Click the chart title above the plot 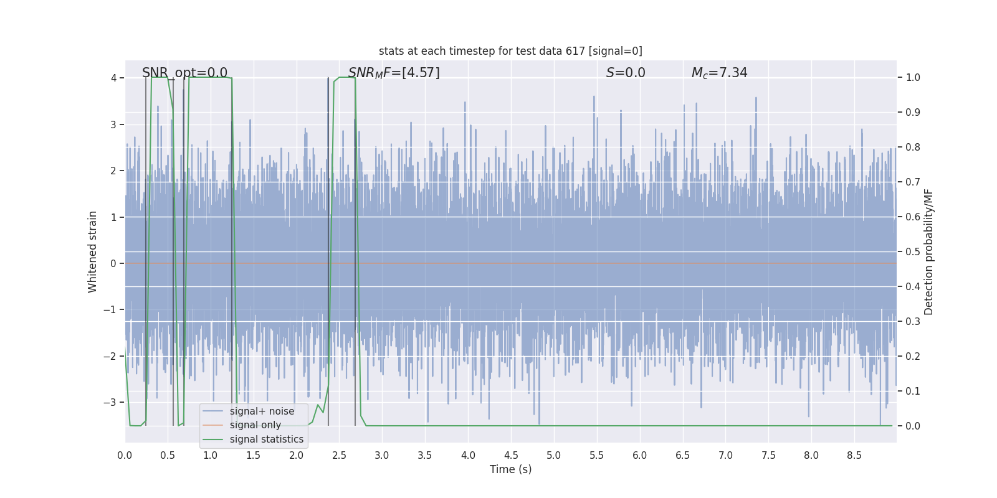[x=510, y=51]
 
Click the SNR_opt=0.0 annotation [x=184, y=73]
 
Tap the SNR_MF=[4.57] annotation [x=394, y=73]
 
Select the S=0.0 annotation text [x=626, y=73]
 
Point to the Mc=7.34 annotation [x=719, y=73]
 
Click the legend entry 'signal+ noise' [x=262, y=411]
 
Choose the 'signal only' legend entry [x=255, y=425]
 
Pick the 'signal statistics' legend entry [x=266, y=439]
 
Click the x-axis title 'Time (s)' [x=510, y=469]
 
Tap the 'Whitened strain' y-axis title [x=93, y=251]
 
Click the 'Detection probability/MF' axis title [x=928, y=251]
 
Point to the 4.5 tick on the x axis [x=511, y=456]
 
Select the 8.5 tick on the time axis [x=854, y=456]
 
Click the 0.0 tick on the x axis [x=125, y=456]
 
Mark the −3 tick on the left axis [x=110, y=402]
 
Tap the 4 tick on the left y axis [x=113, y=78]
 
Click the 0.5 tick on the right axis [x=913, y=252]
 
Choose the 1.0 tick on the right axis [x=913, y=78]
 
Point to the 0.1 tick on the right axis [x=913, y=392]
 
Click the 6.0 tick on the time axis [x=640, y=456]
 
